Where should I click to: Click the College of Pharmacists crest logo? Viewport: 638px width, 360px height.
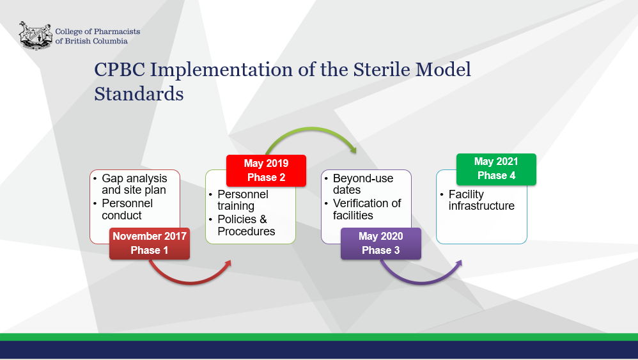pyautogui.click(x=36, y=36)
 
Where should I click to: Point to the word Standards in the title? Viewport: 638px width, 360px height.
pyautogui.click(x=139, y=94)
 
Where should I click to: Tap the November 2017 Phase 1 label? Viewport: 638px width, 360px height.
pyautogui.click(x=150, y=243)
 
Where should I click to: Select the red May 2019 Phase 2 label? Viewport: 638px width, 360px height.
pyautogui.click(x=266, y=171)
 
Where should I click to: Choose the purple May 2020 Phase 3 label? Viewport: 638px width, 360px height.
pyautogui.click(x=381, y=243)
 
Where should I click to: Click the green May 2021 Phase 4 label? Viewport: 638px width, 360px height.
pyautogui.click(x=496, y=169)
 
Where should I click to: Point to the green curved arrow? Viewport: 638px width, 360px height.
pyautogui.click(x=311, y=129)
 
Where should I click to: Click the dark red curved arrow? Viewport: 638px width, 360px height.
pyautogui.click(x=190, y=281)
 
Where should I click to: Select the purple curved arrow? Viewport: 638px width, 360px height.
pyautogui.click(x=421, y=281)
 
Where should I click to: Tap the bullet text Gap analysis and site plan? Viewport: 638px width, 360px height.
pyautogui.click(x=134, y=184)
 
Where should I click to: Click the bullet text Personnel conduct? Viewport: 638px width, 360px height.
pyautogui.click(x=127, y=210)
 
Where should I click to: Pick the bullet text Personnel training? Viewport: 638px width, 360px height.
pyautogui.click(x=243, y=200)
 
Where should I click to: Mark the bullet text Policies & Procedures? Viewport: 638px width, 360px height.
pyautogui.click(x=246, y=225)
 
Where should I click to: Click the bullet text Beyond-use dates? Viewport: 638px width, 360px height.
pyautogui.click(x=363, y=184)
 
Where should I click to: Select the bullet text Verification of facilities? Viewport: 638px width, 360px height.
pyautogui.click(x=366, y=210)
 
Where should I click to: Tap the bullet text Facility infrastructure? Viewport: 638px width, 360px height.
pyautogui.click(x=481, y=200)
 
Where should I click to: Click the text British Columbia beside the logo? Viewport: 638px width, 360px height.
pyautogui.click(x=96, y=41)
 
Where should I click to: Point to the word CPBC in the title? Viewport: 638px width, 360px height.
pyautogui.click(x=120, y=70)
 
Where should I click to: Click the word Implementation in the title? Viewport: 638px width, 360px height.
pyautogui.click(x=221, y=70)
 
